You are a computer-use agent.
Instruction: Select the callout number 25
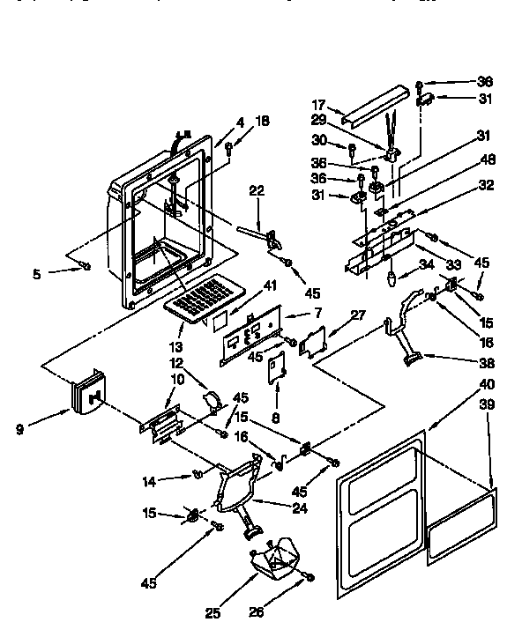(213, 613)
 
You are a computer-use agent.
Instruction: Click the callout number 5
(36, 274)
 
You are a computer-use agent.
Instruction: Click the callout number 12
(175, 363)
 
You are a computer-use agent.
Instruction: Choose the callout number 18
(263, 121)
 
